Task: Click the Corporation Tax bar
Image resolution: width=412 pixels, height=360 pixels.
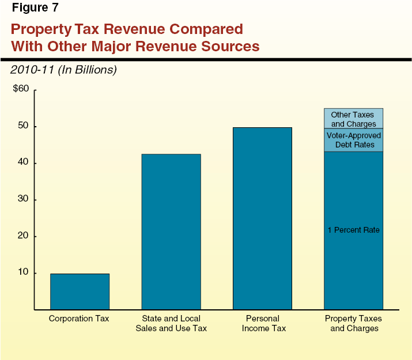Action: click(80, 291)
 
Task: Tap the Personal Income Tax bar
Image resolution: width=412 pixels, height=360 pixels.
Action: click(262, 218)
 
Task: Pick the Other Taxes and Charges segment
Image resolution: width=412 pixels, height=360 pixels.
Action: click(353, 119)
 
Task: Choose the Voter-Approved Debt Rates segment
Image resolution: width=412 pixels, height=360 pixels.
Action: click(353, 140)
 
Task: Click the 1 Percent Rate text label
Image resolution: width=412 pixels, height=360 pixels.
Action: click(353, 230)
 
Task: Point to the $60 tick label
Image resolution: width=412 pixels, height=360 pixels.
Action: click(21, 89)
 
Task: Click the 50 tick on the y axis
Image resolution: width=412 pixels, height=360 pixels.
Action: click(24, 126)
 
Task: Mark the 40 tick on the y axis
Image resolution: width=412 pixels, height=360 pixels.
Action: click(24, 163)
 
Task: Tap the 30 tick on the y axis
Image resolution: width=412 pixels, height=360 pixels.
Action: click(24, 199)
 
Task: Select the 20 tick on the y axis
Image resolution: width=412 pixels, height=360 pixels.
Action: click(24, 236)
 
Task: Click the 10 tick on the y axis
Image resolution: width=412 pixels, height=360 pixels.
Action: click(24, 272)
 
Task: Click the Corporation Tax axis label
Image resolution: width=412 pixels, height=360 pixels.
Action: click(79, 319)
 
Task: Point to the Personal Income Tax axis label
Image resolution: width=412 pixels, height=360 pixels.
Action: click(262, 323)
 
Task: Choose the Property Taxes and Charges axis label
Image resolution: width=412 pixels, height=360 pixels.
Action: click(353, 323)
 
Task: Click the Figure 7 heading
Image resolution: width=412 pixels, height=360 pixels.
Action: click(35, 7)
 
